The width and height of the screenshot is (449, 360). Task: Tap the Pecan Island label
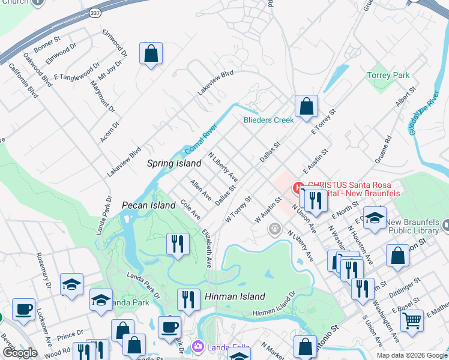[149, 205]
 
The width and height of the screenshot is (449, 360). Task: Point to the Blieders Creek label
[268, 120]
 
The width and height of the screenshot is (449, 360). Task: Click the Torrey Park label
[388, 76]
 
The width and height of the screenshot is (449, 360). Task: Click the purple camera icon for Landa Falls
[198, 347]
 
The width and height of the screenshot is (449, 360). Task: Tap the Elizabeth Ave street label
[208, 247]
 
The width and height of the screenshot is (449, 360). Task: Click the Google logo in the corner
[20, 353]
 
